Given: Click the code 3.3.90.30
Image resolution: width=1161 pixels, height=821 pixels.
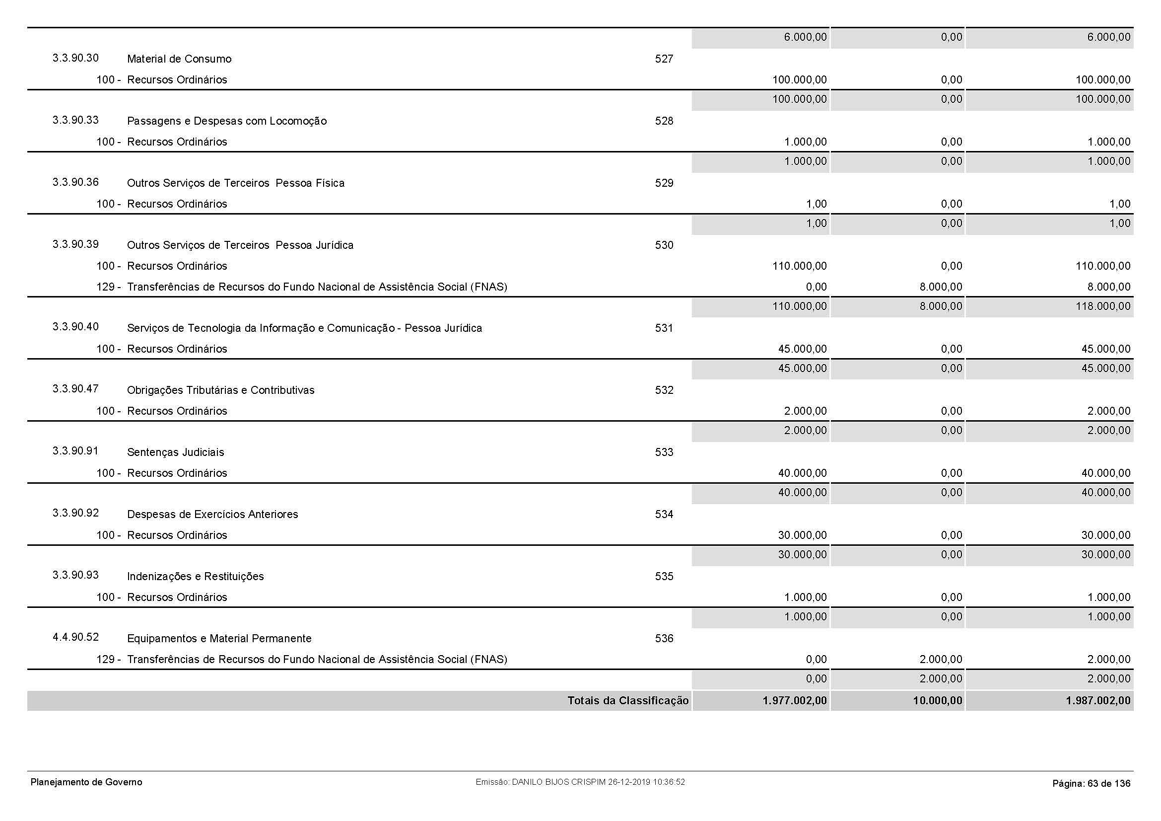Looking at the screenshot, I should coord(75,58).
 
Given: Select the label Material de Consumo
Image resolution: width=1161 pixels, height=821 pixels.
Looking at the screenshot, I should coord(179,59).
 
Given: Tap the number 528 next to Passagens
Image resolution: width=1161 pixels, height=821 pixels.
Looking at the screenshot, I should coord(664,121).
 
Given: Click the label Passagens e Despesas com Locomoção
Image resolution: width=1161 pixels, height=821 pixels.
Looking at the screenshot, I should coord(226,121).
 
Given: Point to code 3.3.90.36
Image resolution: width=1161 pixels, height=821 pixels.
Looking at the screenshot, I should coord(75,182).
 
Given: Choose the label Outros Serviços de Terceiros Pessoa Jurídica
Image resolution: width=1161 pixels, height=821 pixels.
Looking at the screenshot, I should coord(240,245).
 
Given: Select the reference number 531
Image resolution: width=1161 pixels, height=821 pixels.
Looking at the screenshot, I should coord(664,328).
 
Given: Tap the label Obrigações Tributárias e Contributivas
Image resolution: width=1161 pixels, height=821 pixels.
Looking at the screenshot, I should coord(220,390).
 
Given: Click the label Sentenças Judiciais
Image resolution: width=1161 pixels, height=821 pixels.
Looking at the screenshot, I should coord(175,453).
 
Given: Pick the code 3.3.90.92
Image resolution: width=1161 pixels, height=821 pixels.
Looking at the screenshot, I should coord(75,513).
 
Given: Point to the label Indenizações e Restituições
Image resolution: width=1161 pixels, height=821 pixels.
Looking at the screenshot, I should coord(195,577).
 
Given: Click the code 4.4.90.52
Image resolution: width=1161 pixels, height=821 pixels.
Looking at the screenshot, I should coord(75,637).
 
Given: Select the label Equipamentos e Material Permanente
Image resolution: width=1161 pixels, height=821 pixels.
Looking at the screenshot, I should coord(219,639).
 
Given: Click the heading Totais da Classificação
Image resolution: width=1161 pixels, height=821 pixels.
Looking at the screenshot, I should coord(627,701).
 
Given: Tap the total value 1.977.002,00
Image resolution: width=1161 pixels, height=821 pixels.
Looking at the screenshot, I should coord(794,701).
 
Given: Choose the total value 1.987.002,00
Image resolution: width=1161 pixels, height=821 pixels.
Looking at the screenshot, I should coord(1098,701).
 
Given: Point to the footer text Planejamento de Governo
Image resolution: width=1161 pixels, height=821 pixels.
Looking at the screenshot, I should coord(86,782).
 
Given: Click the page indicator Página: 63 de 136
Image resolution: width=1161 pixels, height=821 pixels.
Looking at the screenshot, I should coord(1091,784).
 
